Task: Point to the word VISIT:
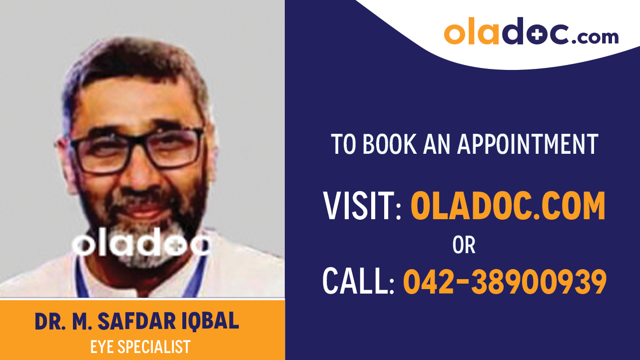coord(363,206)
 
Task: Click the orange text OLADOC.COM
coord(508,206)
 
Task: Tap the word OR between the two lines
coord(464,245)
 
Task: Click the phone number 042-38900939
coord(505,281)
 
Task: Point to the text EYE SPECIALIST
coord(140,347)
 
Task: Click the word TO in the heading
coord(343,144)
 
